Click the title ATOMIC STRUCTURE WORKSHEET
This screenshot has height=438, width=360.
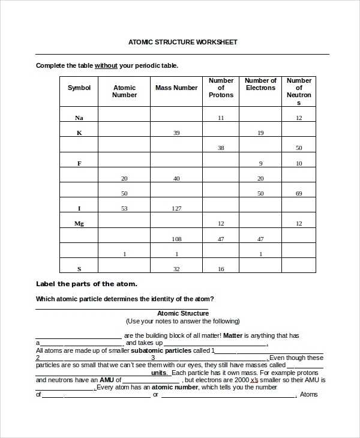[x=182, y=43]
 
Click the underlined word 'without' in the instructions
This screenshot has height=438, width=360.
[x=106, y=65]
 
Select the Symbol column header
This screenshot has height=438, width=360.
[x=79, y=88]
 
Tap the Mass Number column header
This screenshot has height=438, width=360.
[x=176, y=88]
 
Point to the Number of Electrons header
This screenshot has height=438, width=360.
[x=260, y=84]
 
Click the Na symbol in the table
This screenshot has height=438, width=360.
[x=79, y=118]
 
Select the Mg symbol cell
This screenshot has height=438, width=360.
[x=79, y=223]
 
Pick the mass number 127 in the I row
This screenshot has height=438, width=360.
[x=176, y=208]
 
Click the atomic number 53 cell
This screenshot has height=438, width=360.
[x=124, y=208]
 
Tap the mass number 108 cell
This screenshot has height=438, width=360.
[x=176, y=239]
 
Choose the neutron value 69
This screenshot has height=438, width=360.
[x=299, y=193]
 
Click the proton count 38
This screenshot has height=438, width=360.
[x=221, y=148]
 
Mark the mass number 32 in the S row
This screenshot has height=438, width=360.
[x=176, y=269]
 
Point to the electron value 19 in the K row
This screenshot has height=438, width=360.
[x=260, y=133]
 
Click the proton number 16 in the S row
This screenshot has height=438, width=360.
[x=221, y=269]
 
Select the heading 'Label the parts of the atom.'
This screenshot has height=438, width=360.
[x=86, y=284]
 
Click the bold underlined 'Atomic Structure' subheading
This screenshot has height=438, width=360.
[x=183, y=313]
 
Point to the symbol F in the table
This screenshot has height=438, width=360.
[x=79, y=163]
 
